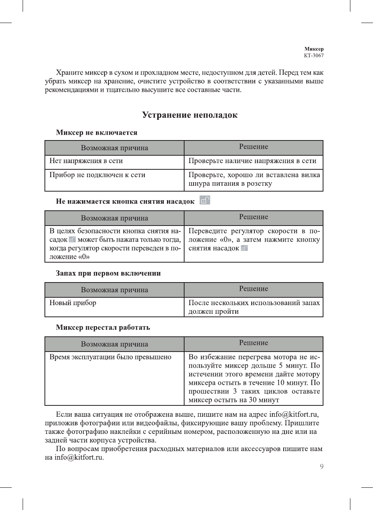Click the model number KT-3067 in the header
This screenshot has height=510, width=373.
(x=314, y=55)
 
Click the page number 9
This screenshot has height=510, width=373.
(x=321, y=467)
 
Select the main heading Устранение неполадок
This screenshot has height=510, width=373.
(x=190, y=115)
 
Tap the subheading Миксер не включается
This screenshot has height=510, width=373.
(x=96, y=133)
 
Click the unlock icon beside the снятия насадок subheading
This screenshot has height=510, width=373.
(x=205, y=201)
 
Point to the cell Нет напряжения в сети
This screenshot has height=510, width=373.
(x=86, y=161)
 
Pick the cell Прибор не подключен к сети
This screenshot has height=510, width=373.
(x=97, y=175)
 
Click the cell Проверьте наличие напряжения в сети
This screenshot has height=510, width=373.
(x=252, y=161)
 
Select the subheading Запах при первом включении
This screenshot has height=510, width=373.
(x=108, y=273)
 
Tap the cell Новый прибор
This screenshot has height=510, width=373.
(x=73, y=303)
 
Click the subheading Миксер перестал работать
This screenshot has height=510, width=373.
(x=103, y=327)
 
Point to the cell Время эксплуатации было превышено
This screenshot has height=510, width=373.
(x=110, y=357)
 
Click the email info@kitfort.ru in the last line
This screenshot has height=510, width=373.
(x=79, y=457)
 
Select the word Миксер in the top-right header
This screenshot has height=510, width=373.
(x=314, y=49)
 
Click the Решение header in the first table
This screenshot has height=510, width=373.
(x=254, y=147)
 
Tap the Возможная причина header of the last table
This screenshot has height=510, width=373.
(x=114, y=344)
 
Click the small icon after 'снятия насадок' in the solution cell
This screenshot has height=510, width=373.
(x=245, y=248)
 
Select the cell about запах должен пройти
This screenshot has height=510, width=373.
(x=254, y=307)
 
